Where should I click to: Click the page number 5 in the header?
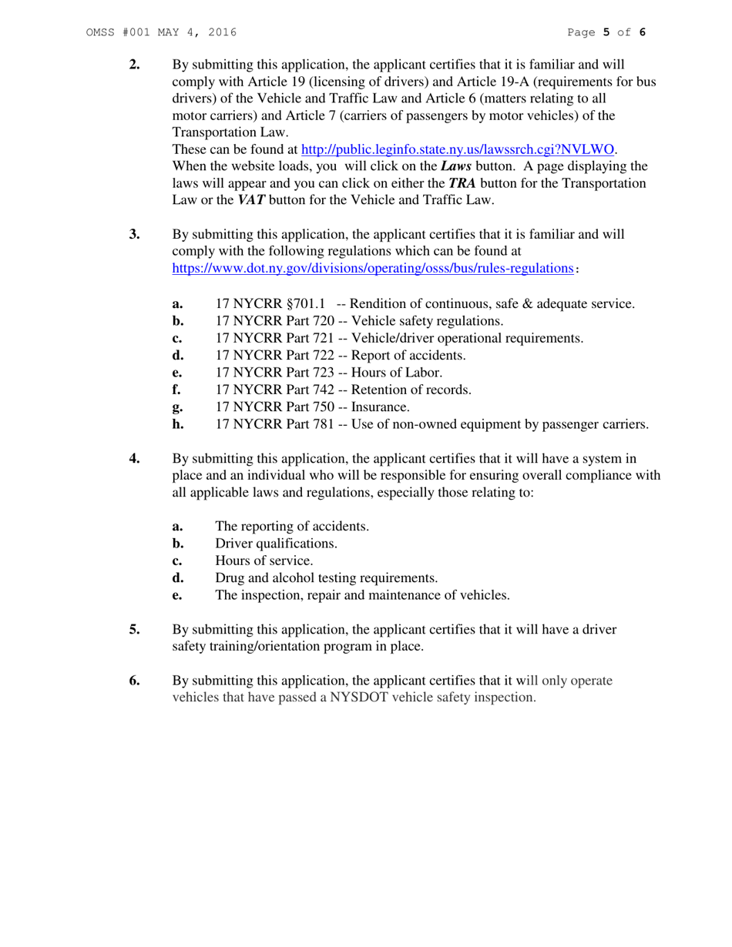pyautogui.click(x=606, y=32)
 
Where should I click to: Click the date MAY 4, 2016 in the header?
pyautogui.click(x=196, y=32)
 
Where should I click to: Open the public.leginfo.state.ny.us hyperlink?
pyautogui.click(x=458, y=149)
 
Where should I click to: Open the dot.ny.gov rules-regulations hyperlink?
pyautogui.click(x=372, y=269)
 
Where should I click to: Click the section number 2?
pyautogui.click(x=135, y=64)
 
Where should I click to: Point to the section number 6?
pyautogui.click(x=135, y=681)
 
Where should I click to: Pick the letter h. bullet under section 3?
pyautogui.click(x=177, y=423)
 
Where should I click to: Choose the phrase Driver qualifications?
pyautogui.click(x=276, y=544)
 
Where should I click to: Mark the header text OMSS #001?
pyautogui.click(x=113, y=32)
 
